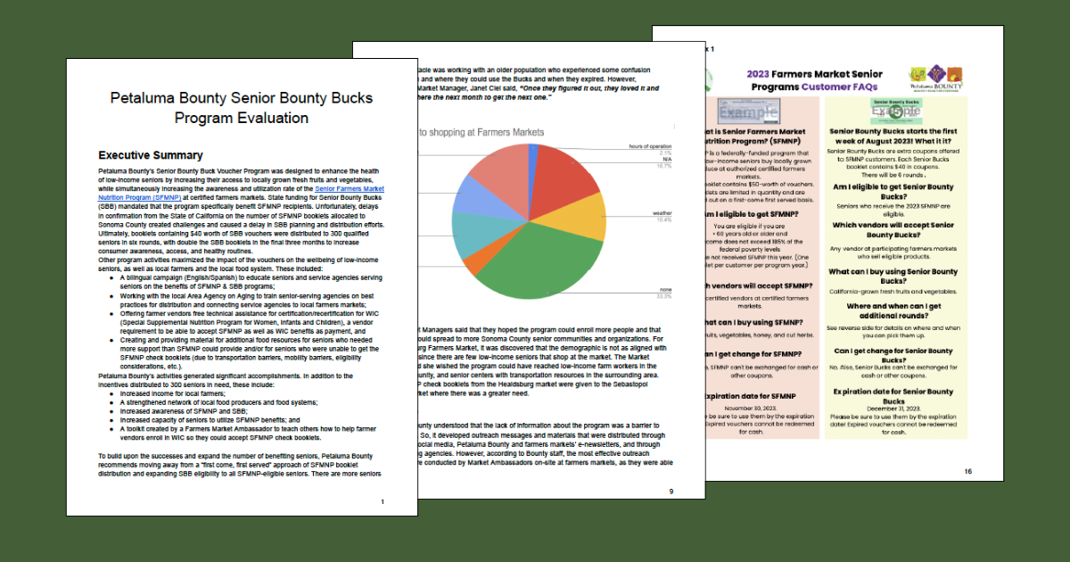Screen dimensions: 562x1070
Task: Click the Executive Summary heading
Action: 151,155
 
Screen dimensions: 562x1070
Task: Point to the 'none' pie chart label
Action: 663,290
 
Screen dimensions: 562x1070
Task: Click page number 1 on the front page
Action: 382,502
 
